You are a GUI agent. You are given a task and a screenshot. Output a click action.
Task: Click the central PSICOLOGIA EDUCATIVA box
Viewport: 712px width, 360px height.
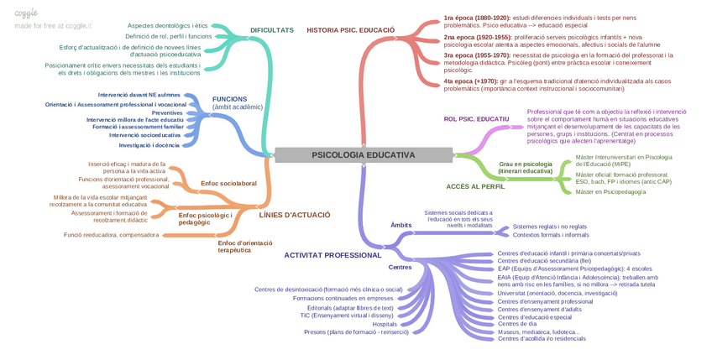pos(363,154)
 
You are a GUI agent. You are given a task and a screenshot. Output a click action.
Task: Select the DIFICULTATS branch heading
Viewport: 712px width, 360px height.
pos(272,30)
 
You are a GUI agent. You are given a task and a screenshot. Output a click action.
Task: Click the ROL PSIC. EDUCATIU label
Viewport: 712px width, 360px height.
pos(476,119)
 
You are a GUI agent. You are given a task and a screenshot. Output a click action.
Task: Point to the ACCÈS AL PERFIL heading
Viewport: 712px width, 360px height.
pos(475,186)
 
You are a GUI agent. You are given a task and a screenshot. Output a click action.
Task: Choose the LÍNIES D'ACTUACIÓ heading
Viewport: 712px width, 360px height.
pos(295,215)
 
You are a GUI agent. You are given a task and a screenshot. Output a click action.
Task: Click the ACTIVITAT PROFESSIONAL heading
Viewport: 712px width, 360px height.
pos(332,254)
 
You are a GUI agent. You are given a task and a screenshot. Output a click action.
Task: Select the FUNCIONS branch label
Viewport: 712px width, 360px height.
pos(229,99)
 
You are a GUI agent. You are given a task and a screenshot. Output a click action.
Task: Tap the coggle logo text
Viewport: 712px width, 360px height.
pos(26,13)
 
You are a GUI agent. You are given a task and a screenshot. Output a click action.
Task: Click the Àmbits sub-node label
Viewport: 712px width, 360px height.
pos(401,225)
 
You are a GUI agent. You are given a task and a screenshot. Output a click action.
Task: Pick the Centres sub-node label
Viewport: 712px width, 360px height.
pos(400,268)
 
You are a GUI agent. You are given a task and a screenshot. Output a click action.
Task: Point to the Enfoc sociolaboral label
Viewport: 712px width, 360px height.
pos(228,183)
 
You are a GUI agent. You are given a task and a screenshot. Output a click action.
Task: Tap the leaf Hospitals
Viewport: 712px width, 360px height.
pos(385,324)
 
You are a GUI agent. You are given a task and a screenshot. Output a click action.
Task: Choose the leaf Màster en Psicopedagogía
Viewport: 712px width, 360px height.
pos(610,192)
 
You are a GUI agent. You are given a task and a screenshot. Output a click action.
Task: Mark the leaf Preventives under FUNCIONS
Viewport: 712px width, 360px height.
pos(167,112)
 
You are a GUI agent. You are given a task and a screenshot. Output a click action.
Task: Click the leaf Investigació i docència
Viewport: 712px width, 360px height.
pos(149,145)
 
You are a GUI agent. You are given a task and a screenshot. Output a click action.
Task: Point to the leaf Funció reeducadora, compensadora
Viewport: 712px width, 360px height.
pos(111,235)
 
